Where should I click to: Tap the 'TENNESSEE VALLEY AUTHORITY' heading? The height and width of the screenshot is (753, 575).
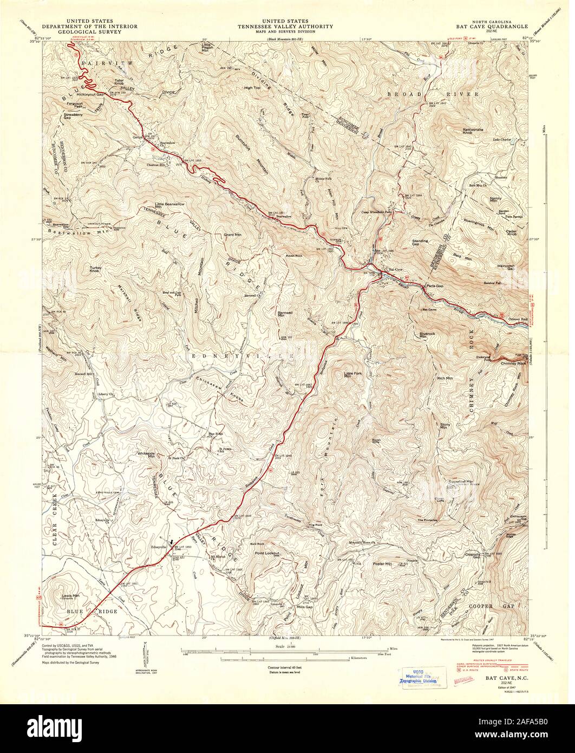coord(287,25)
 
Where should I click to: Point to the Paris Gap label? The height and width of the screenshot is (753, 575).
coord(434,285)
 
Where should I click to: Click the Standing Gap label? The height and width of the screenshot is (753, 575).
coord(420,242)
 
